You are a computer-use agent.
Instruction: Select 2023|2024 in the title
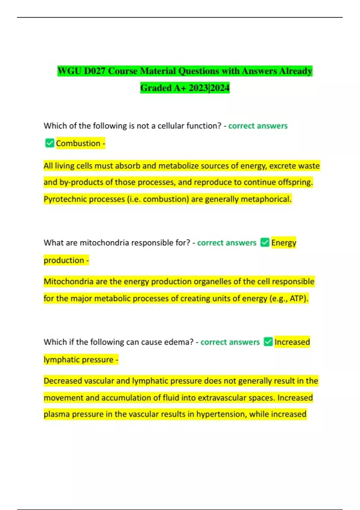click(x=209, y=88)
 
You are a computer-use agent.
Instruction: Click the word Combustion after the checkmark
click(x=78, y=143)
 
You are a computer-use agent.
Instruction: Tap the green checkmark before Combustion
click(x=49, y=143)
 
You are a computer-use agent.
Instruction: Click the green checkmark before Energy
click(x=265, y=242)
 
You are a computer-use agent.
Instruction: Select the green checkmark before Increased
click(x=268, y=342)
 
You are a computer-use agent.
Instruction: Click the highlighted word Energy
click(x=283, y=243)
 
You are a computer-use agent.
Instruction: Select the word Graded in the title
click(x=156, y=88)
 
